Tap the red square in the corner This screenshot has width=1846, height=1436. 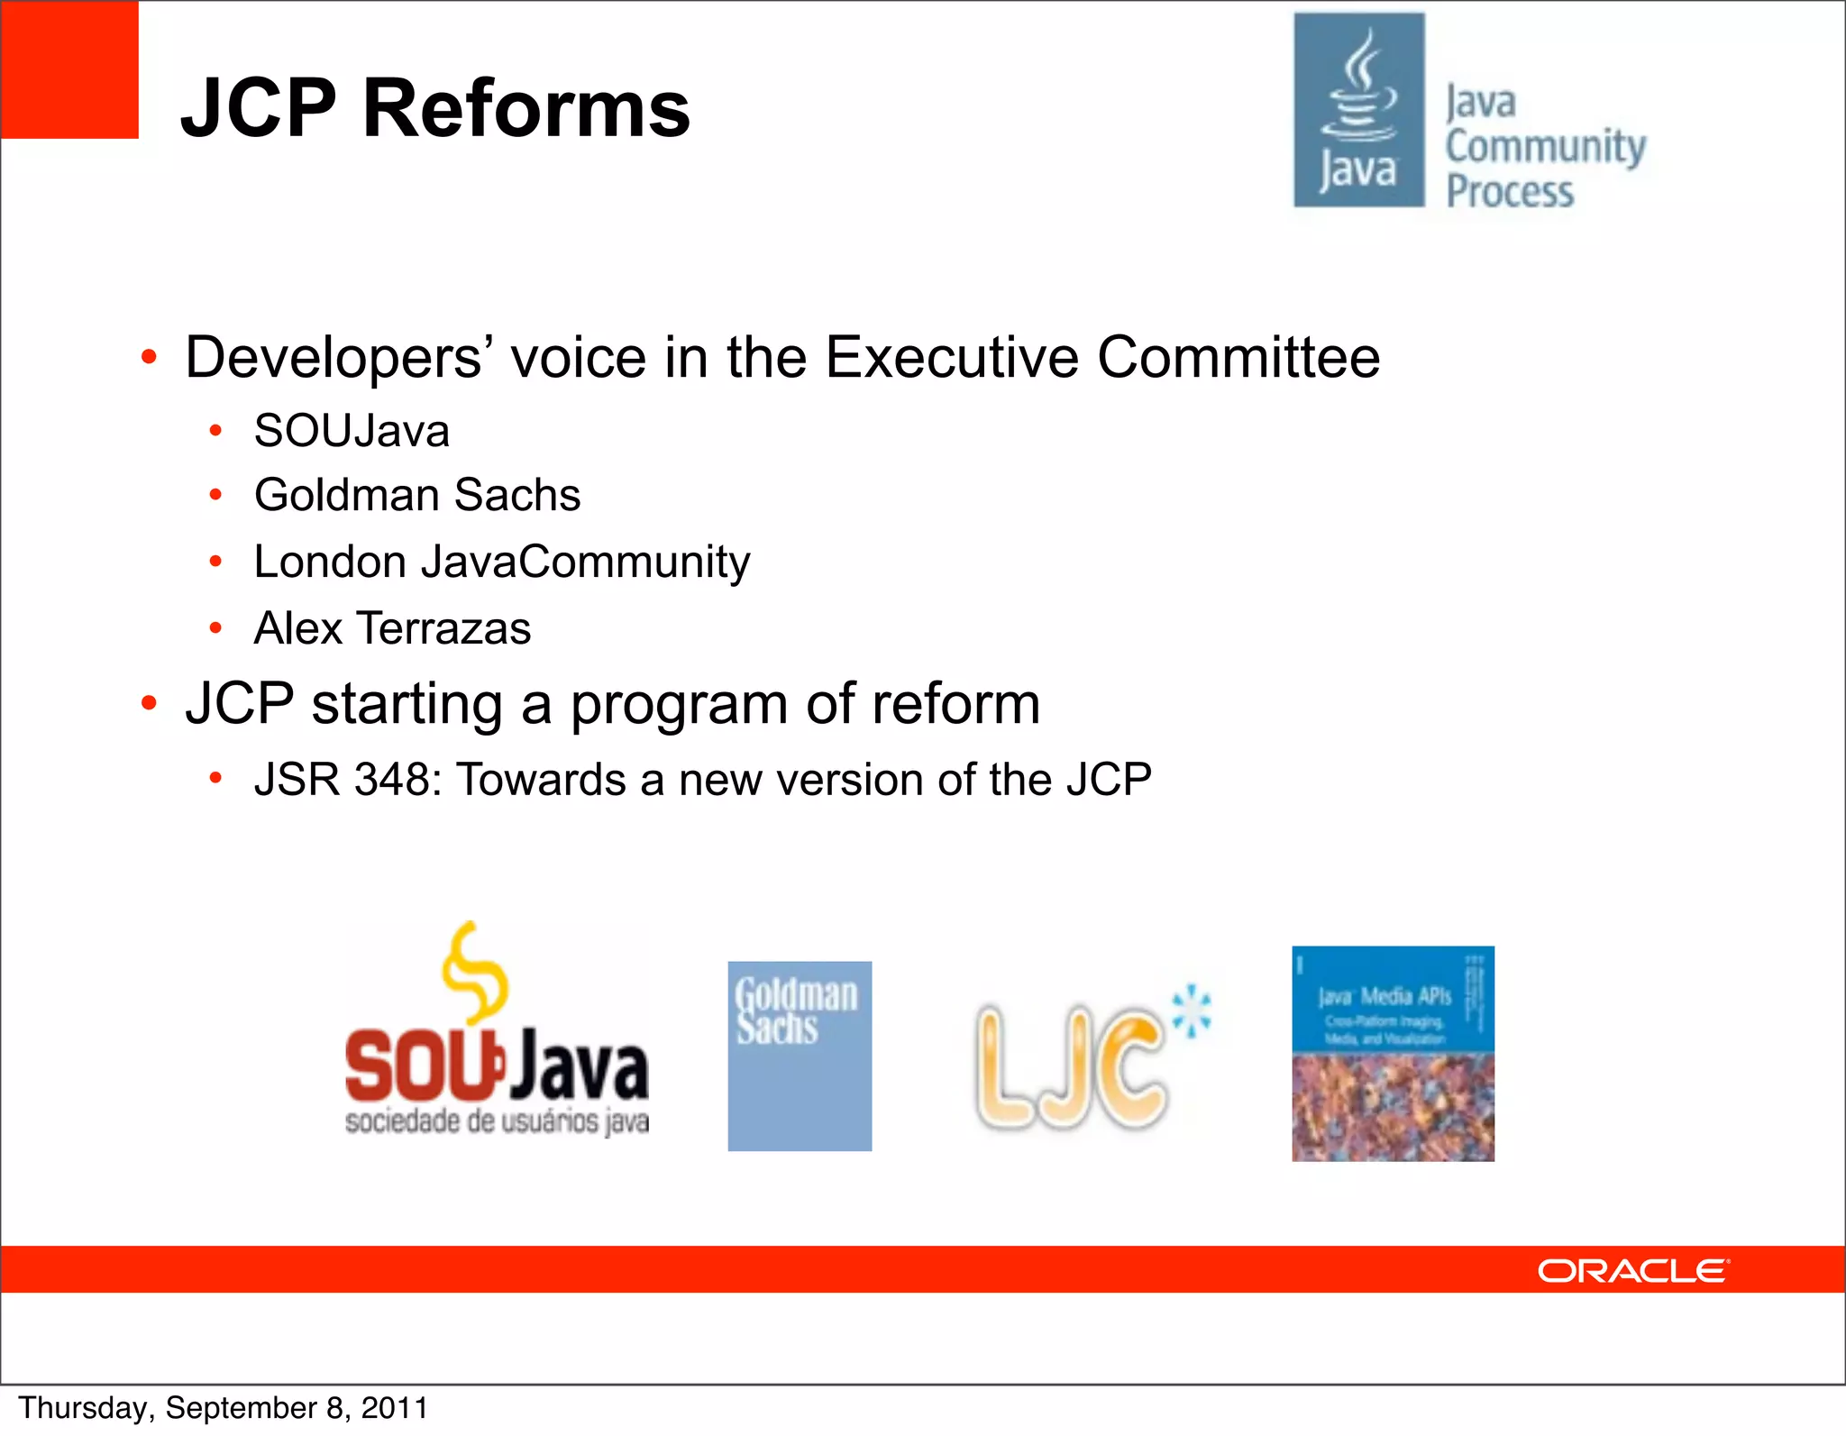coord(69,69)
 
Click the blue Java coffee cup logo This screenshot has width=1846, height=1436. coord(1359,109)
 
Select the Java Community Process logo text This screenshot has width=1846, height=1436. coord(1545,147)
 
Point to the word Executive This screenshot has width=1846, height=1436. coord(951,357)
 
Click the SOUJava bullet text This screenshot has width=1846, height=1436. coord(352,431)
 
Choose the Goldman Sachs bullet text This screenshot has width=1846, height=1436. coord(417,495)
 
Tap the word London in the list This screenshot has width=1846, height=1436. coord(330,562)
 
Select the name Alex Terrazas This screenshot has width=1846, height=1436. coord(392,628)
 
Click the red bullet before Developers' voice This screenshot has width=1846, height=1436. coord(150,358)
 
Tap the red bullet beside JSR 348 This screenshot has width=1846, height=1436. coord(215,779)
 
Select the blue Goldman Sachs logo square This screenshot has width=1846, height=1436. coord(800,1056)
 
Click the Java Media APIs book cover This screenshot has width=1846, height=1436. coord(1393,1053)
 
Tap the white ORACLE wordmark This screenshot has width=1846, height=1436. coord(1632,1271)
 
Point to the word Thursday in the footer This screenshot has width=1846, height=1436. coord(82,1408)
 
